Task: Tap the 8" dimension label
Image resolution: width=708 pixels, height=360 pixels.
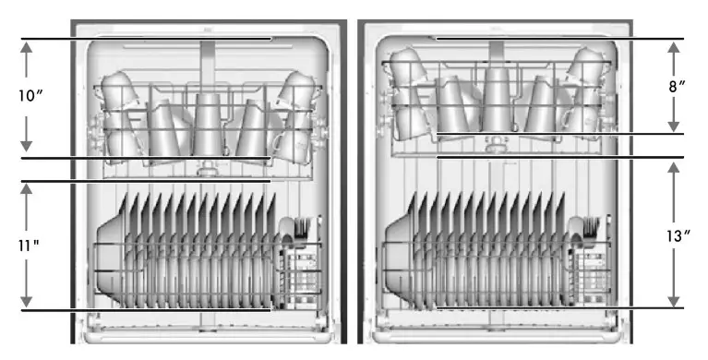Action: tap(678, 86)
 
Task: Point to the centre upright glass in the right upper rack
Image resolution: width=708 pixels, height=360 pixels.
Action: tap(496, 97)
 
